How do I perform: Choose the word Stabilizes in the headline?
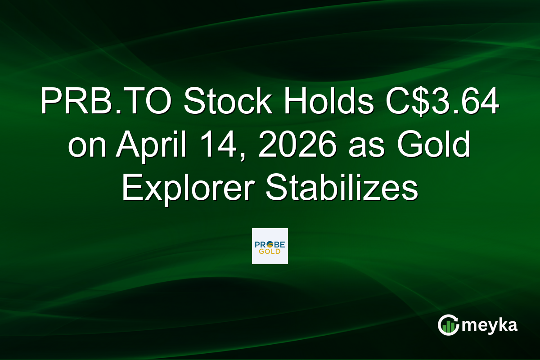tap(342, 189)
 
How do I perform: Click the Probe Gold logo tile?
tap(270, 246)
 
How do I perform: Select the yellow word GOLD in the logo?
tap(270, 251)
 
